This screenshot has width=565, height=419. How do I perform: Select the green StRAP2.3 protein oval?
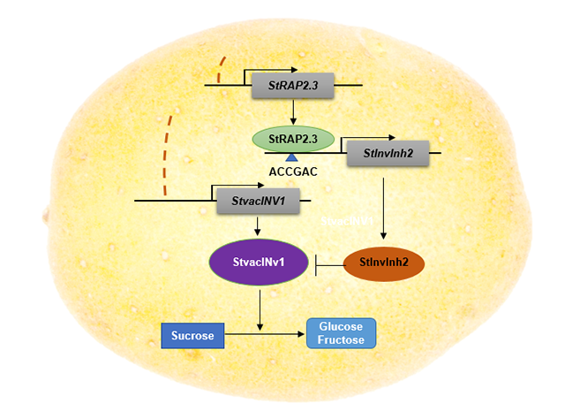pyautogui.click(x=293, y=138)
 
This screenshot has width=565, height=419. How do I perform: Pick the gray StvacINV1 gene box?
pyautogui.click(x=258, y=201)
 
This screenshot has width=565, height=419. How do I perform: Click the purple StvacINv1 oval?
pyautogui.click(x=258, y=263)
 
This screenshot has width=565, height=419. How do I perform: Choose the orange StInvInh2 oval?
pyautogui.click(x=382, y=263)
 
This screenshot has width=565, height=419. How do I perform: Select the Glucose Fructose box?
pyautogui.click(x=341, y=334)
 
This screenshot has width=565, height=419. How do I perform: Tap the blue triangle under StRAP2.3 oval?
pyautogui.click(x=291, y=157)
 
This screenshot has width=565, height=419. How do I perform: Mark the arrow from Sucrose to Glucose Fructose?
pyautogui.click(x=265, y=334)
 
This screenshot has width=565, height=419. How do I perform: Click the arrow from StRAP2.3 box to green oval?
pyautogui.click(x=291, y=111)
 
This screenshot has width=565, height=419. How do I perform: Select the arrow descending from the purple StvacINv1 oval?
pyautogui.click(x=259, y=305)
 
